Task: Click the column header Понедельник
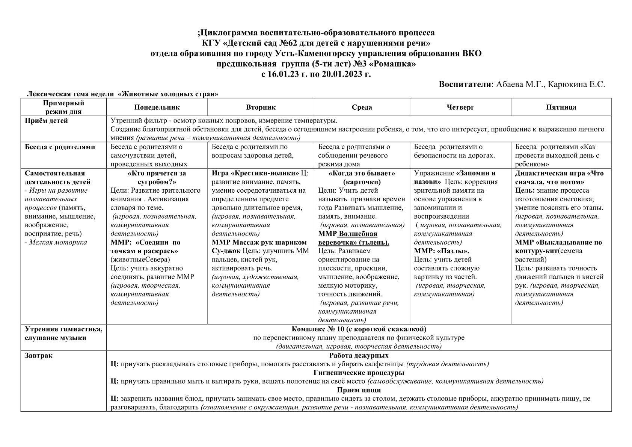[157, 107]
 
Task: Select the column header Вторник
[261, 107]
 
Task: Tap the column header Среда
[362, 107]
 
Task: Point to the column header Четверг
[460, 107]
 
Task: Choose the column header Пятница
[561, 107]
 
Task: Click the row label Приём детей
[46, 121]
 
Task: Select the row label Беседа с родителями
[60, 147]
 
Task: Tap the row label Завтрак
[39, 355]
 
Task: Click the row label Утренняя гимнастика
[63, 329]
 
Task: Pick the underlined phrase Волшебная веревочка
[357, 238]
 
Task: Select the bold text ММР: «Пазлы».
[442, 251]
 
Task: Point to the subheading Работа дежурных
[359, 355]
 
